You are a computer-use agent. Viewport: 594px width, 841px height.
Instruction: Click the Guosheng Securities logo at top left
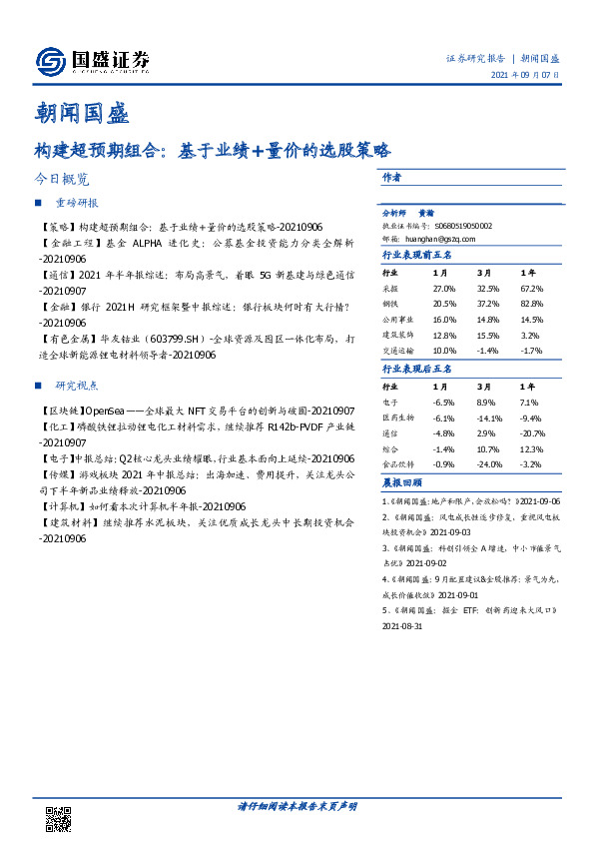coord(91,62)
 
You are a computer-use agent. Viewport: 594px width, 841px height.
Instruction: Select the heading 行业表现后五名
coord(417,369)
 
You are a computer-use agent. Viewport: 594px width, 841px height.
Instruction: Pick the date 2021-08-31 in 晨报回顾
coord(403,627)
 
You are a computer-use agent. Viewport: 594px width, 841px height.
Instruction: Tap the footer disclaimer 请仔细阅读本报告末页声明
coord(296,805)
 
